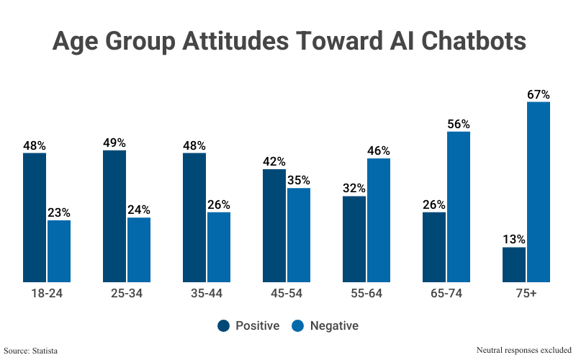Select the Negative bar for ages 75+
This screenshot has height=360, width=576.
click(538, 192)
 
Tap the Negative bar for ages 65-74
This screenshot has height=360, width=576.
click(458, 207)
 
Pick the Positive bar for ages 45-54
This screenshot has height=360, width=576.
click(274, 225)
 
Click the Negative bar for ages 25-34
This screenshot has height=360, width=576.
click(139, 250)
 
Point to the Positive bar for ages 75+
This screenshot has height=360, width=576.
click(514, 264)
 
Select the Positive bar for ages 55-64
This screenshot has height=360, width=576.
click(354, 239)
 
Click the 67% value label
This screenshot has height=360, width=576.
click(538, 94)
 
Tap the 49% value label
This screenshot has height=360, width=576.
click(114, 143)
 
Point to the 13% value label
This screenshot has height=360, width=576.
click(514, 239)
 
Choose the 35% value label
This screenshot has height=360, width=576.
click(298, 180)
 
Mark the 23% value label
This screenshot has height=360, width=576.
click(59, 212)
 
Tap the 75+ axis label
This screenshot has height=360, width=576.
click(526, 294)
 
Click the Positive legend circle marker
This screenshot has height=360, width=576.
click(223, 325)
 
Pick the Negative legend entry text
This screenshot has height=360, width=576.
click(334, 325)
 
